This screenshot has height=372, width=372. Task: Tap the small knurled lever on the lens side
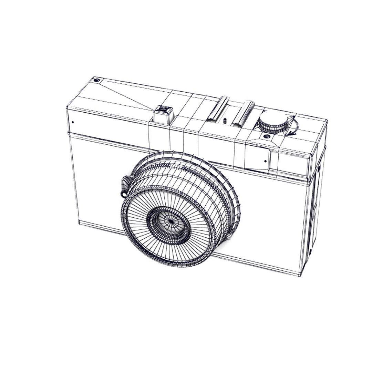[x=125, y=186]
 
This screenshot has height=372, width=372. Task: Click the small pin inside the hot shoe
[x=225, y=121]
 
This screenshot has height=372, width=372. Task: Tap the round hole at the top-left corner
[x=96, y=81]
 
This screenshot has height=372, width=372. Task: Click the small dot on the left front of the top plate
[x=73, y=122]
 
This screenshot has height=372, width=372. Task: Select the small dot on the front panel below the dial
[x=265, y=161]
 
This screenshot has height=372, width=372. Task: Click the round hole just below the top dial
[x=266, y=137]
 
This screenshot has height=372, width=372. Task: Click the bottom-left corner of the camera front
[x=79, y=223]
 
